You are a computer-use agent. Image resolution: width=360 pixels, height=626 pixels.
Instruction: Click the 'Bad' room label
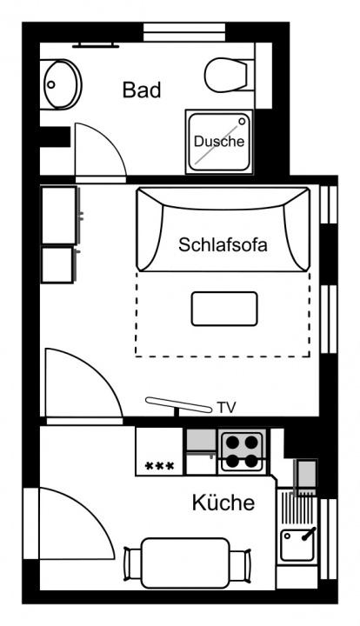(x=142, y=90)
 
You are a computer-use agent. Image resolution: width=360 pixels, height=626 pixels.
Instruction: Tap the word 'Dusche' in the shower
(x=219, y=141)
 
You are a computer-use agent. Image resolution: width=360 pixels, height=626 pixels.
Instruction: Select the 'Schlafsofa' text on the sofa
(x=223, y=244)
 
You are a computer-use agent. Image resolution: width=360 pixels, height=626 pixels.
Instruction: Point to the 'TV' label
(x=226, y=408)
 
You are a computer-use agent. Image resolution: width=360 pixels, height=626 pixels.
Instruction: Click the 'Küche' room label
(x=223, y=503)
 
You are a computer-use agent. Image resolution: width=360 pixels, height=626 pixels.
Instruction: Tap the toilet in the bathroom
(x=230, y=75)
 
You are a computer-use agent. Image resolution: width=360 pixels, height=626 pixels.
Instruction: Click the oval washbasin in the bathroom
(x=63, y=84)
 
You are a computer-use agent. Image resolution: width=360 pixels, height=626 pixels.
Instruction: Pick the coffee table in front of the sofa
(x=224, y=309)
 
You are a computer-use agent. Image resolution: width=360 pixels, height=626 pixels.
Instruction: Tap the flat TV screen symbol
(x=178, y=404)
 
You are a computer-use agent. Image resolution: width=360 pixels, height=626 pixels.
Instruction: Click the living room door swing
(x=103, y=370)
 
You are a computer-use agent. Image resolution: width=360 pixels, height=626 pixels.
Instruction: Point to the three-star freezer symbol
(x=159, y=465)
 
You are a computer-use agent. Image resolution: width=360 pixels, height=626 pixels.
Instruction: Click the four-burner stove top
(x=239, y=452)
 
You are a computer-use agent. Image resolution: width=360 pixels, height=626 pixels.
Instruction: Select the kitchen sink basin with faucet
(x=297, y=544)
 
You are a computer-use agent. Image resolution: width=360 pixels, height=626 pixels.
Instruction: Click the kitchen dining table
(x=185, y=563)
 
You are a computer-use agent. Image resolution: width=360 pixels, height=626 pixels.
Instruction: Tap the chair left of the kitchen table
(x=133, y=564)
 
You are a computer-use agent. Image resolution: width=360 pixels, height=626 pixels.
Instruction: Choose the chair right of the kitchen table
(x=241, y=565)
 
